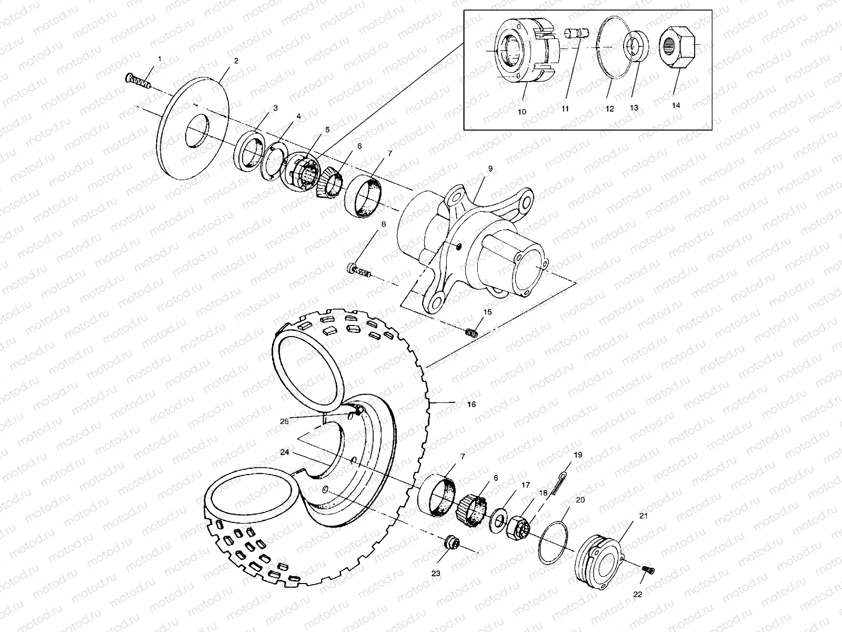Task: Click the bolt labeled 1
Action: click(138, 82)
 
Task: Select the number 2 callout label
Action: click(236, 61)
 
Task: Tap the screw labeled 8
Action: click(360, 271)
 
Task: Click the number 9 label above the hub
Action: click(490, 169)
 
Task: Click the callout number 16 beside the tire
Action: click(471, 404)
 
